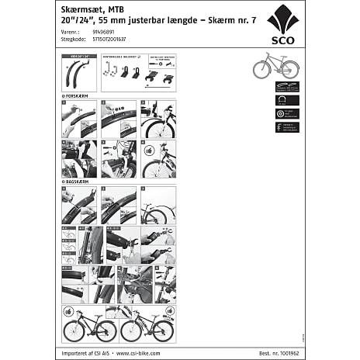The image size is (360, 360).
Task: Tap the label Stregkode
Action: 73,40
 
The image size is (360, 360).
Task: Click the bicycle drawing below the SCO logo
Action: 275,67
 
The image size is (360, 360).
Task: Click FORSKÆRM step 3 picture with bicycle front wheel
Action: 158,118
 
